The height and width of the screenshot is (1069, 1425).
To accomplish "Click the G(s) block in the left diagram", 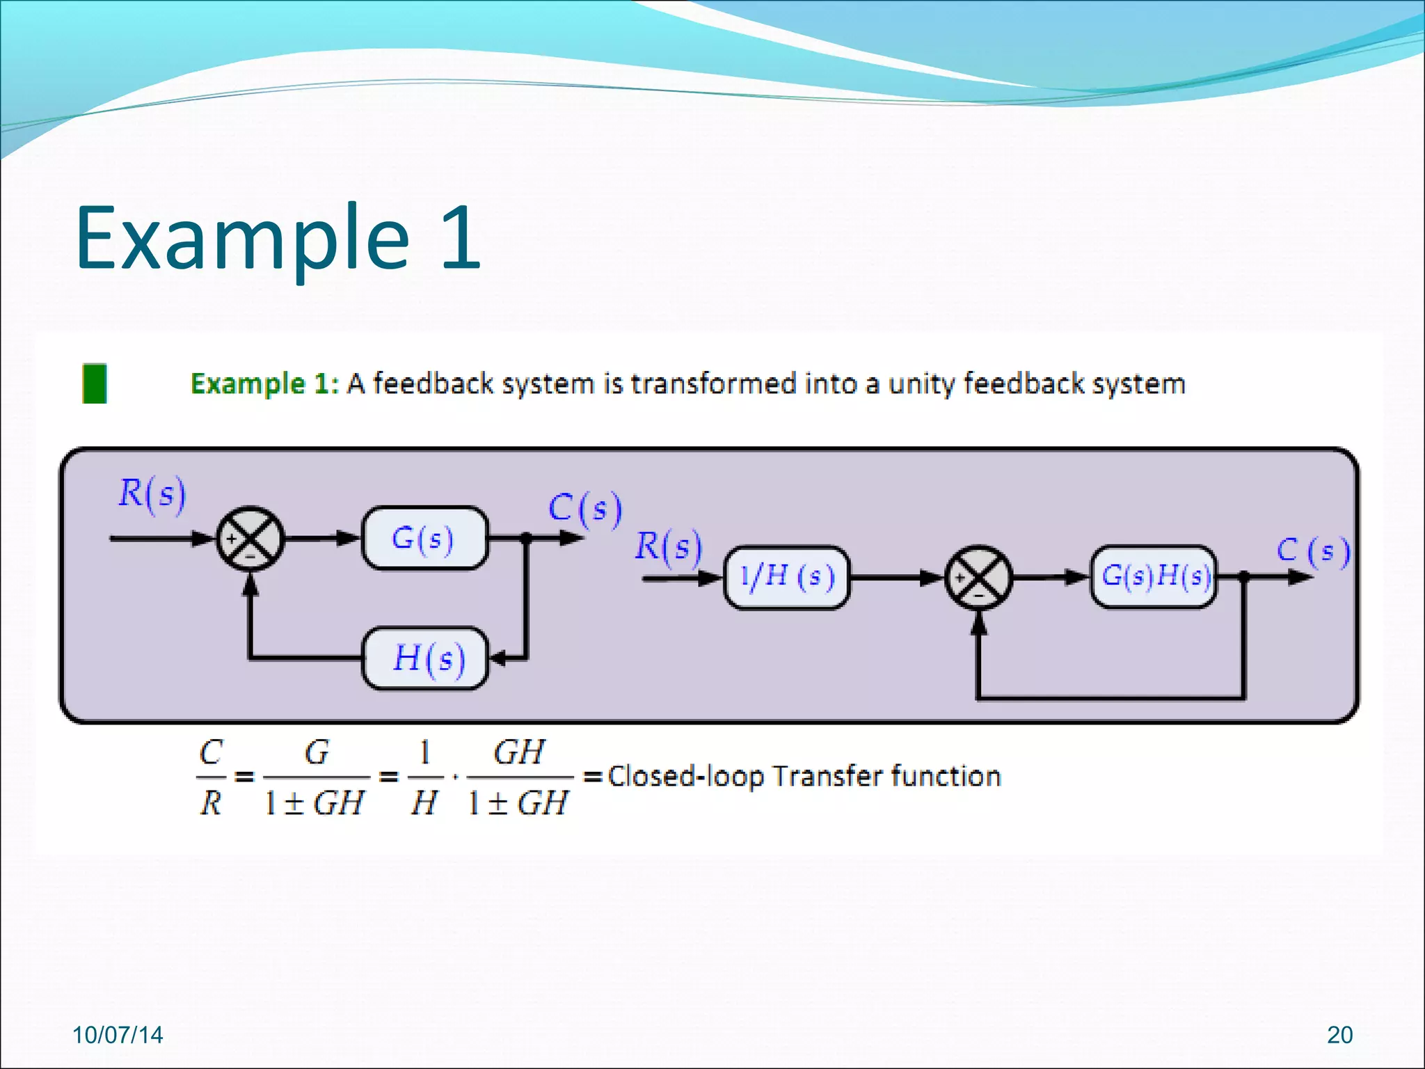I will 424,538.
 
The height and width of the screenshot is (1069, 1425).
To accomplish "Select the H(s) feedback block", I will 426,658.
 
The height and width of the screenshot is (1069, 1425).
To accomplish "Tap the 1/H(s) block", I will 786,577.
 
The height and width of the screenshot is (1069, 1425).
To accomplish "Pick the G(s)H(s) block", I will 1154,577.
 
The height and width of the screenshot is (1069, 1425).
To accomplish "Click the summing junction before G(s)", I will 250,539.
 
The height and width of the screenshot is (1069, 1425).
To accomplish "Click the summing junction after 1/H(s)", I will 978,578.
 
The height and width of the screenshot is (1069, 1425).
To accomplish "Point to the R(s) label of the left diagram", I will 152,494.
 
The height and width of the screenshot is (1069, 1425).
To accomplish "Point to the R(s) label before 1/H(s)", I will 668,547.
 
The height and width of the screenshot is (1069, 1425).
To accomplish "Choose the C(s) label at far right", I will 1312,551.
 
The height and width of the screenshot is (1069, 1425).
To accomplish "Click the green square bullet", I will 95,383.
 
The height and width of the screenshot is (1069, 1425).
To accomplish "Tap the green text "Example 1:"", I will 264,384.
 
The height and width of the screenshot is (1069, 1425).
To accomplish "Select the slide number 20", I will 1339,1035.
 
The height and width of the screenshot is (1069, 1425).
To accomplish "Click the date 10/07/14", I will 118,1035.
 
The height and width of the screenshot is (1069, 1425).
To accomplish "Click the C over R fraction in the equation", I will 211,777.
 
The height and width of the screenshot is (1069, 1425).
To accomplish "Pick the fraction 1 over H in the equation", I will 424,777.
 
